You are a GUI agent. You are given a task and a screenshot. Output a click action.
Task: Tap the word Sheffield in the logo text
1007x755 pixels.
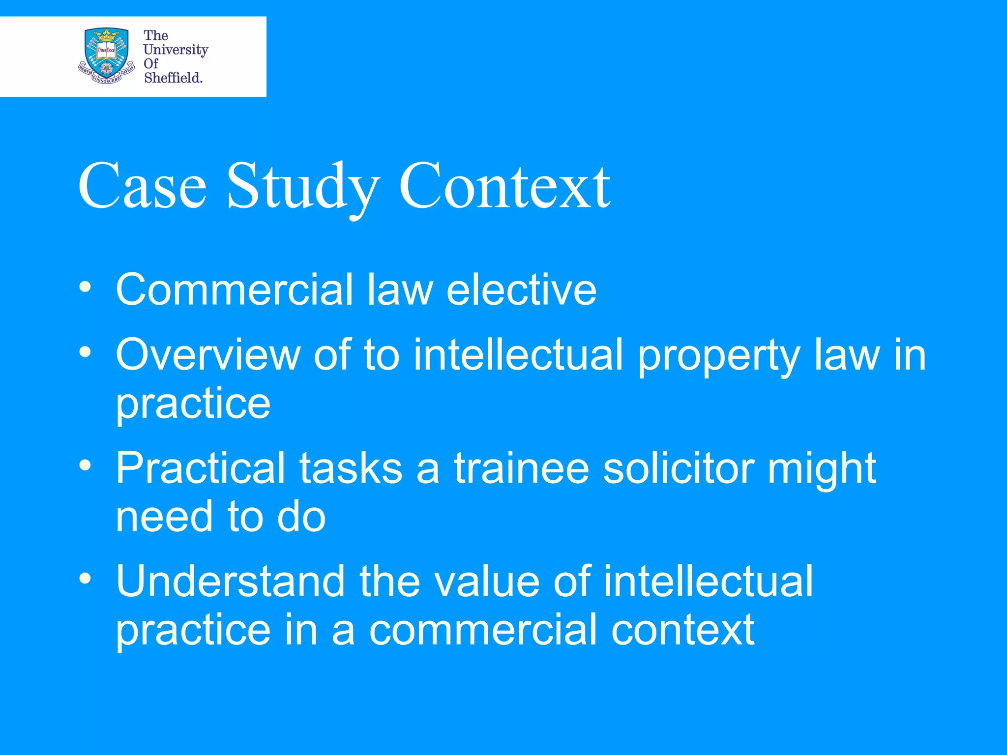point(173,78)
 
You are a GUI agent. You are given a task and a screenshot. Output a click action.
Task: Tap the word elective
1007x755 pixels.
point(522,290)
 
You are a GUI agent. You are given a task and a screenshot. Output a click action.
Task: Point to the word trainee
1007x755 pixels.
point(521,468)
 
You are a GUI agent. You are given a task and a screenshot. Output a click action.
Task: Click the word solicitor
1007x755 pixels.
point(679,468)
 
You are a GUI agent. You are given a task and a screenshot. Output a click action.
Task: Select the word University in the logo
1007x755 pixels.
point(176,50)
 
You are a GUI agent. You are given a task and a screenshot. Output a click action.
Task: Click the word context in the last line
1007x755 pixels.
point(683,630)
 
